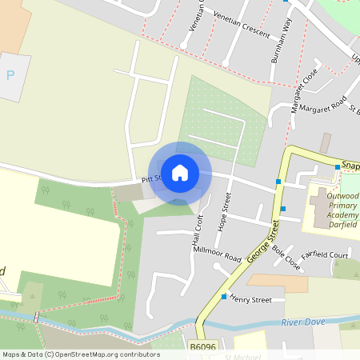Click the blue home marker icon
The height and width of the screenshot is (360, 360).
[x=180, y=173]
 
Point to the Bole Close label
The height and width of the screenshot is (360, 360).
[x=286, y=258]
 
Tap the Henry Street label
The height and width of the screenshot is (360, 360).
[x=250, y=299]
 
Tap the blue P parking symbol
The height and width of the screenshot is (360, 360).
[x=10, y=75]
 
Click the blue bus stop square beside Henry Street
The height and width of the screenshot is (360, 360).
[x=223, y=297]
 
